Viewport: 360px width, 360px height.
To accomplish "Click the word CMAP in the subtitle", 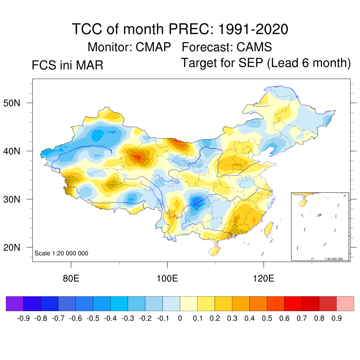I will pos(154,47).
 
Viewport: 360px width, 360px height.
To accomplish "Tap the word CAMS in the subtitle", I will pos(254,47).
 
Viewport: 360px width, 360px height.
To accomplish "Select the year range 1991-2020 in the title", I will pos(253,29).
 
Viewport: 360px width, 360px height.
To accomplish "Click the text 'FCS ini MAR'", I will pos(67,65).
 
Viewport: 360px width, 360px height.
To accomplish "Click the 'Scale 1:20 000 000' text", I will pos(62,253).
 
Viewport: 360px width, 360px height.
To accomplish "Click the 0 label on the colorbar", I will pos(180,319).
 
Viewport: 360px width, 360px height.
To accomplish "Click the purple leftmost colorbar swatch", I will pos(15,304).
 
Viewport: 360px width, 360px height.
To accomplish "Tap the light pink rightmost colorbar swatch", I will pos(345,304).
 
